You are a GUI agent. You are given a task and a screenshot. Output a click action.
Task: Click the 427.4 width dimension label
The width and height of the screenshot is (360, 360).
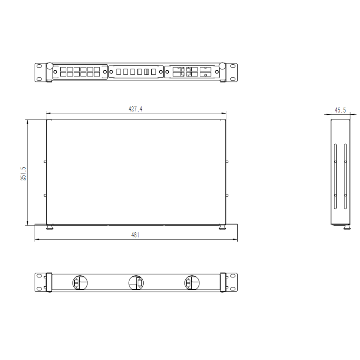(135, 109)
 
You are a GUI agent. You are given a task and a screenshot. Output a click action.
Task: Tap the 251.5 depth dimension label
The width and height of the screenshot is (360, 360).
(23, 174)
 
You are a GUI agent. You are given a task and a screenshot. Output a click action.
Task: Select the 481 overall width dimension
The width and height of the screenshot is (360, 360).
(135, 235)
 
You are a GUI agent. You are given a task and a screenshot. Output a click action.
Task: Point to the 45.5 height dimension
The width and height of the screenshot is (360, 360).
(340, 110)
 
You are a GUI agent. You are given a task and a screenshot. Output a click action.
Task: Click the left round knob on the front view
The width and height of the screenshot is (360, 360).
(49, 66)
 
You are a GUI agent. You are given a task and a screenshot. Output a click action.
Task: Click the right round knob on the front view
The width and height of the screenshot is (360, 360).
(222, 66)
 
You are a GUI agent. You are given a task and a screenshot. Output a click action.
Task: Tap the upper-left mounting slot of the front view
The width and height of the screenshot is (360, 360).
(39, 66)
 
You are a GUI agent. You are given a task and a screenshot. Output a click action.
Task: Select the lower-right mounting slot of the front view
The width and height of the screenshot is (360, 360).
(233, 79)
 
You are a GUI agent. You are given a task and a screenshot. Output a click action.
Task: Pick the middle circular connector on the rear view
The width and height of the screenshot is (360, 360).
(136, 283)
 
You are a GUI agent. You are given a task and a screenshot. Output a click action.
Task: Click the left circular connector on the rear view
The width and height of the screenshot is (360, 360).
(80, 283)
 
